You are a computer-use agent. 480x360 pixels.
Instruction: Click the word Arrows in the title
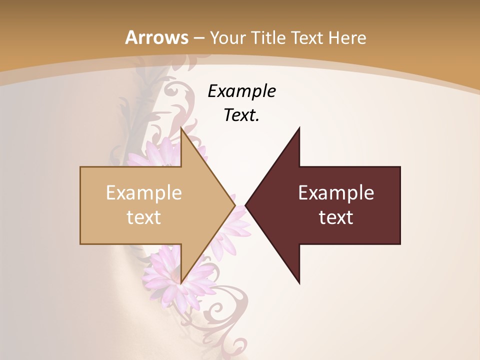point(156,37)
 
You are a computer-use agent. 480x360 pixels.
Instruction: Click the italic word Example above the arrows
point(241,91)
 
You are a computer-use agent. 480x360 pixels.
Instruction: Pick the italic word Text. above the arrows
point(241,115)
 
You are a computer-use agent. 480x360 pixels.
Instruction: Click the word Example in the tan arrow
point(143,193)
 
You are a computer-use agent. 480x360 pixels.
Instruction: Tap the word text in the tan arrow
point(143,217)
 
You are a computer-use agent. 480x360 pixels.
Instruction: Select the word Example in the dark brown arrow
point(336,193)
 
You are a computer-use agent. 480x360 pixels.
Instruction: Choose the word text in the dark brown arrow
point(336,217)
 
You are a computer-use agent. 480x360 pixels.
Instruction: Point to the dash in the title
point(198,37)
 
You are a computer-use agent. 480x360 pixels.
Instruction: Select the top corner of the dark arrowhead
point(299,128)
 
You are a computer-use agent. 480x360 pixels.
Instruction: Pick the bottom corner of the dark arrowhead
point(299,283)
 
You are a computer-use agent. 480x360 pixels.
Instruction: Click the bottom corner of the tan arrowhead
point(181,283)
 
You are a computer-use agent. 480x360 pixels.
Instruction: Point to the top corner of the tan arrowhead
point(181,127)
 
